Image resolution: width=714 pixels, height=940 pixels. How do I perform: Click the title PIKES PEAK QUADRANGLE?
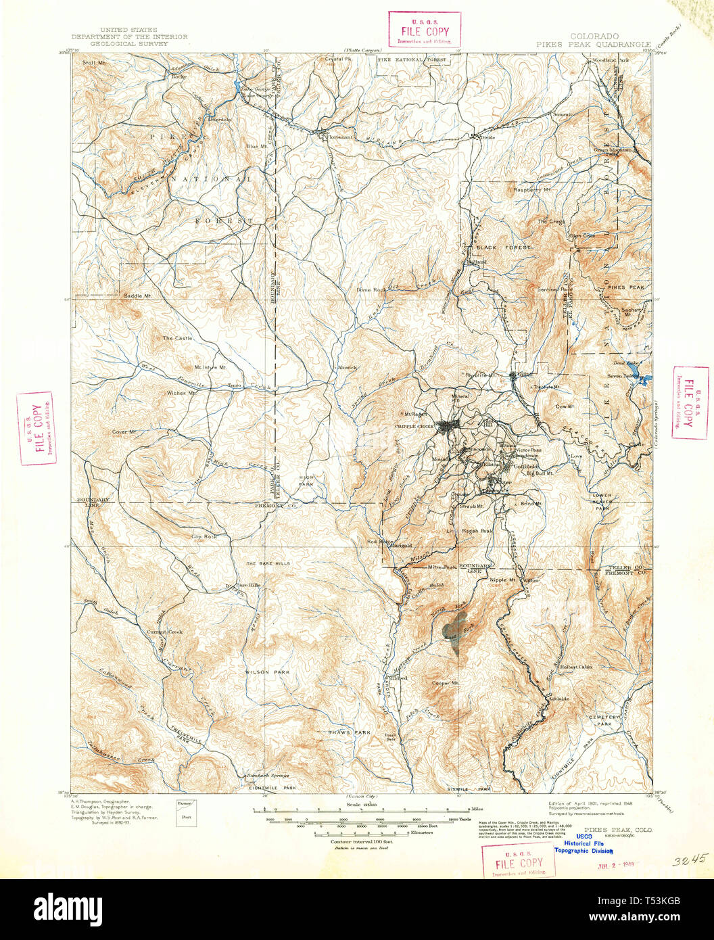pos(594,44)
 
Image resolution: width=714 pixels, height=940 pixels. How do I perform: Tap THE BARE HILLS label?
pos(268,563)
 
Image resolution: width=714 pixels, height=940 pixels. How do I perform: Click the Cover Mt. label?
pos(124,431)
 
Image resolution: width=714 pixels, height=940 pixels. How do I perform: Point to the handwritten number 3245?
pos(690,860)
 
